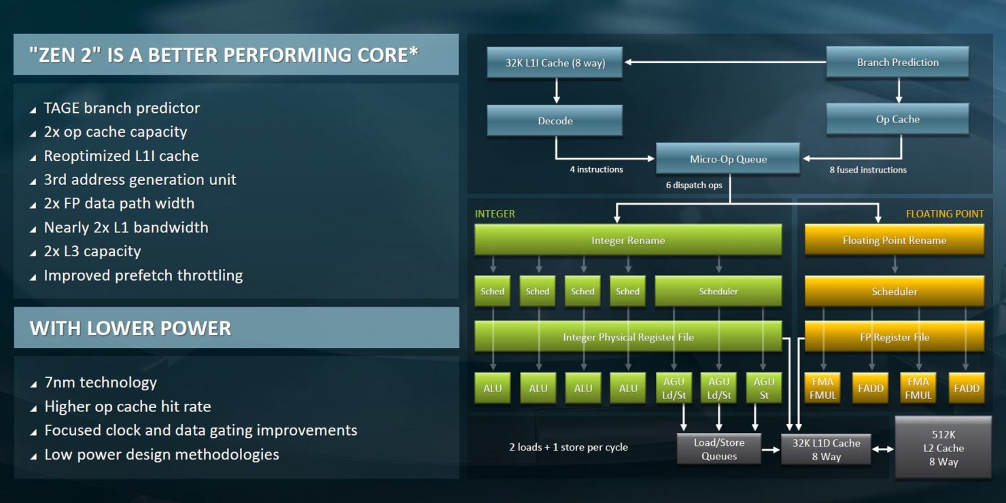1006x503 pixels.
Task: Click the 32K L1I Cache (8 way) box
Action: pos(555,63)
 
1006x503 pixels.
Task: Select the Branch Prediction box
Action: pos(897,62)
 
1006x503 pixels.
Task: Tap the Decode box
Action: pos(555,120)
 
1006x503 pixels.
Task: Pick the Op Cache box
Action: pos(897,119)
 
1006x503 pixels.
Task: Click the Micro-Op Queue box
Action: pos(728,158)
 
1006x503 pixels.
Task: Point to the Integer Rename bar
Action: pos(628,240)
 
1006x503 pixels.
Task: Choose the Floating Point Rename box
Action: pos(894,240)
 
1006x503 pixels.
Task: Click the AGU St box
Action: pos(764,388)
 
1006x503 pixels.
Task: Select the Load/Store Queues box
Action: pos(719,449)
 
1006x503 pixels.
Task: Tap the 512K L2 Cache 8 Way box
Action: pos(943,447)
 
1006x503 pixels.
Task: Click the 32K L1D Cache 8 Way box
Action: pos(826,449)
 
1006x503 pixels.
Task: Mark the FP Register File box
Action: pos(894,336)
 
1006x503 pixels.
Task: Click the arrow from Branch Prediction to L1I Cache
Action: pos(725,62)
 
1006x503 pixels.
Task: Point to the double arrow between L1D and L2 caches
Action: pos(883,449)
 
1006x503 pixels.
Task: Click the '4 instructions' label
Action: pos(596,169)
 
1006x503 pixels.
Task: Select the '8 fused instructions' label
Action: pos(867,170)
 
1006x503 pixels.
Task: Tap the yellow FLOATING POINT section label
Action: pos(944,213)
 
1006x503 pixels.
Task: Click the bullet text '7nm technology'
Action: pos(101,382)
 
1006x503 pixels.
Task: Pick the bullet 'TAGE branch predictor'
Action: pos(122,108)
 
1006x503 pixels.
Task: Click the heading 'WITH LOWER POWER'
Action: pos(131,328)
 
